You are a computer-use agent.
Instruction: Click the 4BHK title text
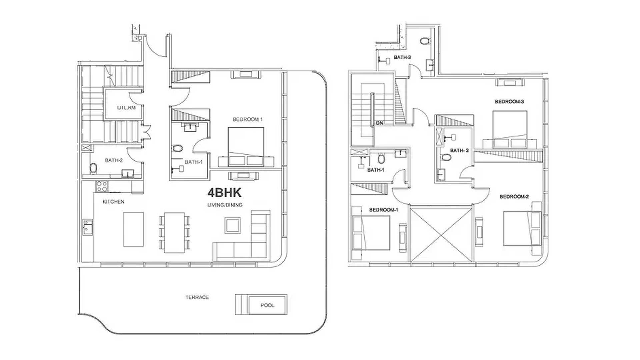pos(224,193)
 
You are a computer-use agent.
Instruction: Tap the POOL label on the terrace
pos(267,305)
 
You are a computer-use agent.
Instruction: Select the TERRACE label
pos(197,297)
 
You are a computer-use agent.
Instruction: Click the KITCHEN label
pos(113,202)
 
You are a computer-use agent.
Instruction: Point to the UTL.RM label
pos(126,108)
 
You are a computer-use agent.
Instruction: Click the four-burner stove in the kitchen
pos(102,186)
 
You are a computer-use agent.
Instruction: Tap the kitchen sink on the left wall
pos(88,227)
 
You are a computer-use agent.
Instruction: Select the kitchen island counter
pos(134,229)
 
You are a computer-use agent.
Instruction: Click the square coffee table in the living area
pos(232,225)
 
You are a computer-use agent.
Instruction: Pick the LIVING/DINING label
pos(225,205)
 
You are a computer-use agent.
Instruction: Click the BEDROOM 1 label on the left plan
pos(248,119)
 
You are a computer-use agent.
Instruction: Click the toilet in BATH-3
pos(424,41)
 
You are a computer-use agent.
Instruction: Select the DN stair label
pos(379,123)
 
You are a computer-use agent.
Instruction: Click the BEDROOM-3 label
pos(509,102)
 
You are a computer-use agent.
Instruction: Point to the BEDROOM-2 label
pos(514,197)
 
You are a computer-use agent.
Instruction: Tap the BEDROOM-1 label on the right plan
pos(383,210)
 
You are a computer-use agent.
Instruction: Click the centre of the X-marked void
pos(441,234)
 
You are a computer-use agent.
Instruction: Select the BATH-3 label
pos(402,57)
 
